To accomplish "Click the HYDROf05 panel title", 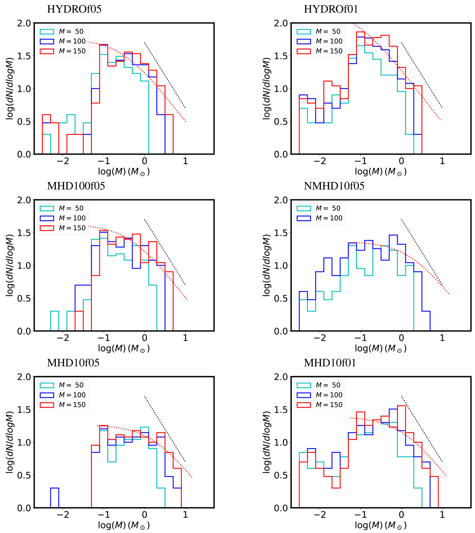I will point(74,9).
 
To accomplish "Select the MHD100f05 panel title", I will point(76,186).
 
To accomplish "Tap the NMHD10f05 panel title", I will point(334,186).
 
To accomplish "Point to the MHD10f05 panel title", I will point(73,363).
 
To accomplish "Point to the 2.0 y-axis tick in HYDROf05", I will point(24,23).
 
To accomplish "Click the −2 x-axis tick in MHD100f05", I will point(63,338).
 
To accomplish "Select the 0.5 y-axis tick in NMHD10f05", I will point(281,298).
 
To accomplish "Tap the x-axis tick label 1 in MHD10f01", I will point(442,515).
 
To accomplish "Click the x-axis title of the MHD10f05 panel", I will point(124,525).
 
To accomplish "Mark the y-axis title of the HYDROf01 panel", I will point(267,88).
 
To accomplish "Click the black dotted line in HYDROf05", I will point(165,75).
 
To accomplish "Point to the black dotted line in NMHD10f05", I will point(422,252).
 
